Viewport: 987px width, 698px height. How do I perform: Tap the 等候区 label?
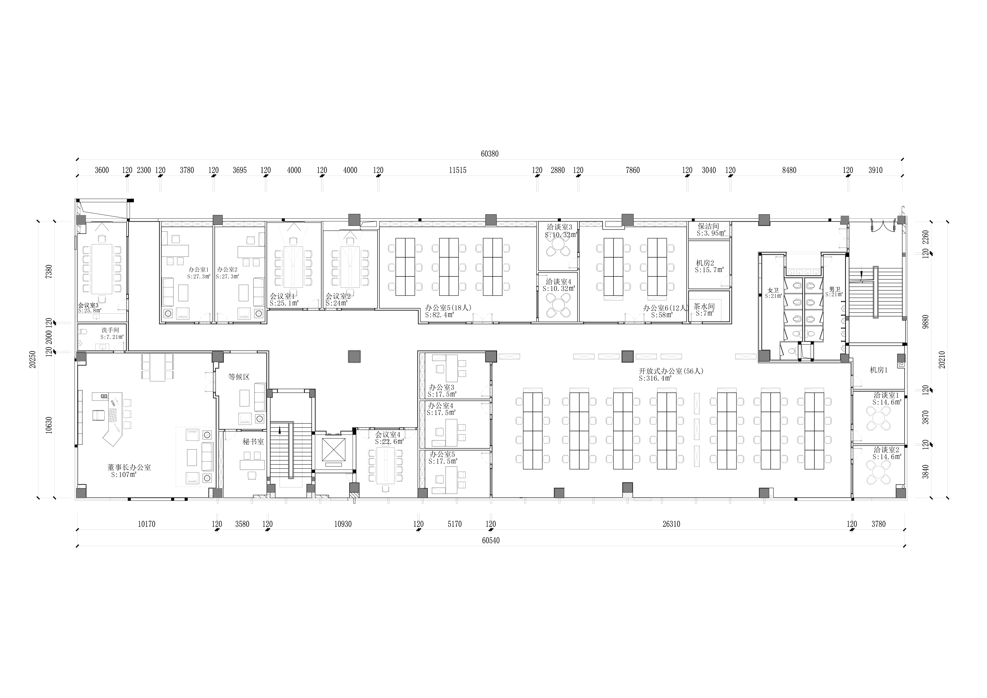[239, 377]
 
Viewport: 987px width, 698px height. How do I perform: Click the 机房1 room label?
[879, 370]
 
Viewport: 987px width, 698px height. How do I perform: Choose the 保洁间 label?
[708, 226]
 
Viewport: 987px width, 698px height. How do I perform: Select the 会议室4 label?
[388, 435]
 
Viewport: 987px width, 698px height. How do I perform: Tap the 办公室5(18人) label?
[448, 308]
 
